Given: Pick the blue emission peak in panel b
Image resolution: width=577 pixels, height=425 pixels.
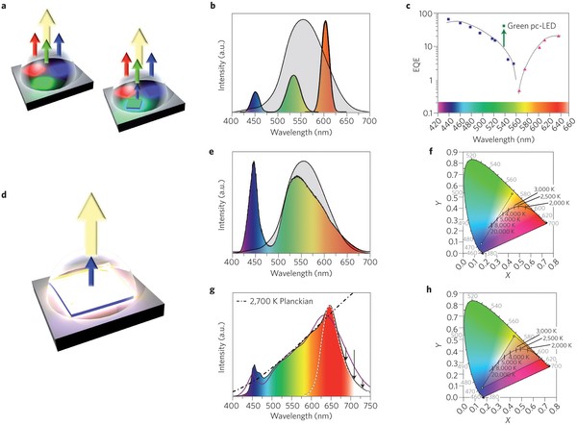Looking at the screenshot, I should coord(255,100).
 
